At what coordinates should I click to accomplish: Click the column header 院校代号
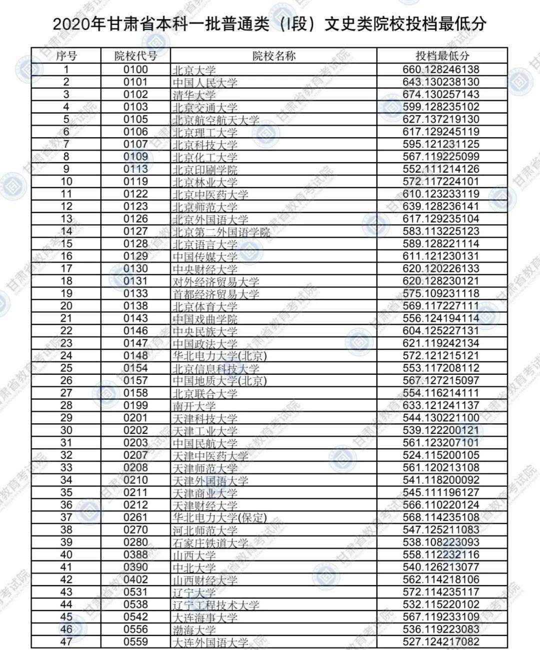tap(135, 56)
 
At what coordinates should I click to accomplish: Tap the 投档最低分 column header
tap(442, 56)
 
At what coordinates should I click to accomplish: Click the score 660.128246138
tap(441, 70)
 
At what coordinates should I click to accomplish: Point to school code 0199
tap(135, 405)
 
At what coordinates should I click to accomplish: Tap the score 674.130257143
tap(441, 95)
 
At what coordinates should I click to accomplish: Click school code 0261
tap(135, 517)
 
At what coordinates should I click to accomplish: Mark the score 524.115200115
tap(441, 455)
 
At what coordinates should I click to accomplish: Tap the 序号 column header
tap(66, 56)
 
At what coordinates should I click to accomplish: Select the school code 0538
tap(135, 604)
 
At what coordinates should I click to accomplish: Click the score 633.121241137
tap(441, 405)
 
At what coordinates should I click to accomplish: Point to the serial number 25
tap(66, 368)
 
